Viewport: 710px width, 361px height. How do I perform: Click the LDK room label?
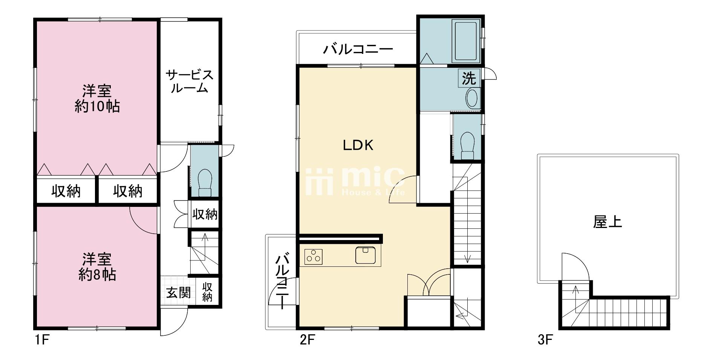358,145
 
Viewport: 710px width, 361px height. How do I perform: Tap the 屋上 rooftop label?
607,222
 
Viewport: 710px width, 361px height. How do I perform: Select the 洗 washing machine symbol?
469,78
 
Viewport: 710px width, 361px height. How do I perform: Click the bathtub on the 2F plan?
467,42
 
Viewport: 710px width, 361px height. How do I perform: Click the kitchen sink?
365,255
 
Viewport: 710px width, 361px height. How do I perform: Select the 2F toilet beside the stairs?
467,145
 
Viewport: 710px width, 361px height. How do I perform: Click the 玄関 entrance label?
178,292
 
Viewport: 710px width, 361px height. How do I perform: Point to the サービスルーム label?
190,81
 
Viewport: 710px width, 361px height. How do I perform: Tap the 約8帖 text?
97,275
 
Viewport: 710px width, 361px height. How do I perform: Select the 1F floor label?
42,341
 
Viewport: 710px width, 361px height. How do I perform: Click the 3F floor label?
545,340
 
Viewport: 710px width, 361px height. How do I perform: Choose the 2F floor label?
307,341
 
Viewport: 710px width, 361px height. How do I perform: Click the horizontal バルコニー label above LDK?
358,49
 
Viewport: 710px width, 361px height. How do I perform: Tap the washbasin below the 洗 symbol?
472,98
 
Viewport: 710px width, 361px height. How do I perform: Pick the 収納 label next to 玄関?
207,292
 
